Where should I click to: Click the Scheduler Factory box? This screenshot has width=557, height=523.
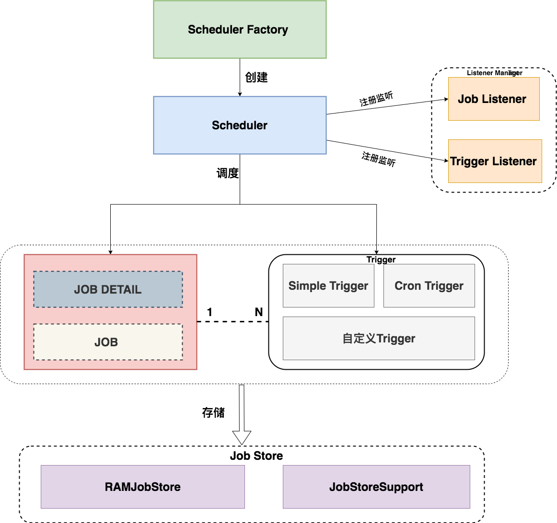point(240,30)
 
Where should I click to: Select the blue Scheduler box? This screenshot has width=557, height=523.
point(240,125)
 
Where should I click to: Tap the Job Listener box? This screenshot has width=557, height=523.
point(493,99)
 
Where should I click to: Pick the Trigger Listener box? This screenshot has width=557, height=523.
point(494,161)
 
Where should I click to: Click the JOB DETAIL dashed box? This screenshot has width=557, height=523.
point(108,290)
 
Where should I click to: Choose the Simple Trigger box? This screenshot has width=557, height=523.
point(328,286)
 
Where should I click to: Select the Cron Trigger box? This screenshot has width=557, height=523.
point(429,286)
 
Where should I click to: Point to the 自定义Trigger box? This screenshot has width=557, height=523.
point(379,339)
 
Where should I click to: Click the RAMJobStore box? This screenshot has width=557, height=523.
point(143,487)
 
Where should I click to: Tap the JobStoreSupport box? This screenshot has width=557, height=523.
point(376,487)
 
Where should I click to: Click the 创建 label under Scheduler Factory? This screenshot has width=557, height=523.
point(256,77)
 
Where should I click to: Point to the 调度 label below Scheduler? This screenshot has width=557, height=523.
point(228,173)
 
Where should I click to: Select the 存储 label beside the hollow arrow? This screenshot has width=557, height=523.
point(213,412)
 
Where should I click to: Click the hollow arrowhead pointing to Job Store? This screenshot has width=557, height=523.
point(242,437)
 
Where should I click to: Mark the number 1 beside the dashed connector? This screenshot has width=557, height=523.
point(209,312)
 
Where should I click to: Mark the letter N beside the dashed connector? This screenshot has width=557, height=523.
point(259,312)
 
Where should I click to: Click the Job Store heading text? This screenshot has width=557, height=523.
point(256,456)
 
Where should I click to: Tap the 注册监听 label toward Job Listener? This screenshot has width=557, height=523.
point(376,99)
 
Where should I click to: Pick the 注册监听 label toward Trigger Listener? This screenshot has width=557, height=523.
point(379,159)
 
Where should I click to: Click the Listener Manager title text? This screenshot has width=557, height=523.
point(494,73)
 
